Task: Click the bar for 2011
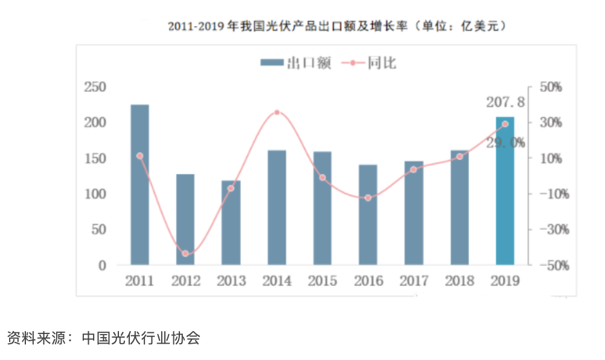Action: tap(139, 184)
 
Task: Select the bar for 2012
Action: tap(185, 219)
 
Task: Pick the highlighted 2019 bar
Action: tap(505, 191)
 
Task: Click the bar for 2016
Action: tap(368, 214)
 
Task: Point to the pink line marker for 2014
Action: tap(277, 112)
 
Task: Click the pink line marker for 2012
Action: tap(185, 254)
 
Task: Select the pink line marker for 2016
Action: tap(368, 198)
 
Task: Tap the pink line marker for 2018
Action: tap(459, 156)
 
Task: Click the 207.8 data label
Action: tap(505, 103)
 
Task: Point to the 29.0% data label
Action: tap(505, 143)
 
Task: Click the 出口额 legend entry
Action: tap(295, 63)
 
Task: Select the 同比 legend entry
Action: tap(370, 63)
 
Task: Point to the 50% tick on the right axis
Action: tap(548, 87)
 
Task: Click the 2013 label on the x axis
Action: tap(231, 281)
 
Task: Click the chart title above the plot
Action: tap(336, 27)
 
